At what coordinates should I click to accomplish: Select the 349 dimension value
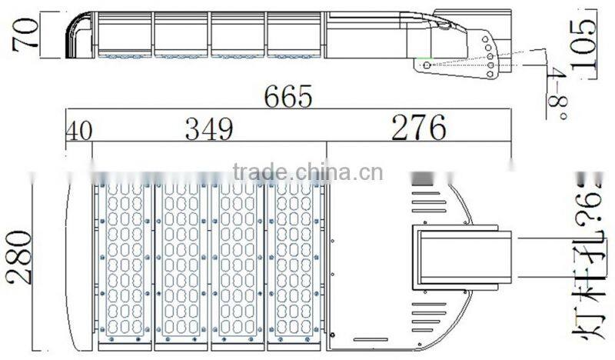coord(209,129)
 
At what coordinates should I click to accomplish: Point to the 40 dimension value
coord(78,130)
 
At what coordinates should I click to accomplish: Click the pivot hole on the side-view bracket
coord(427,65)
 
